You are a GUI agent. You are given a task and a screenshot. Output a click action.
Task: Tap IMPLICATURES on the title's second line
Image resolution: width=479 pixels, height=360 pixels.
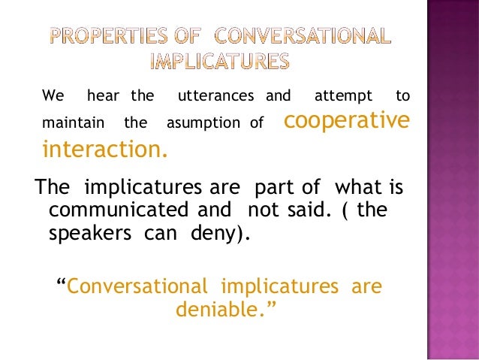219,60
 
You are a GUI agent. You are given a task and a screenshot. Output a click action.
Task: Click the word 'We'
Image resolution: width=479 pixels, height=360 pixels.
53,96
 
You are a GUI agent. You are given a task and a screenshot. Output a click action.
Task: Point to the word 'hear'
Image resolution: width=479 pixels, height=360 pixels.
103,96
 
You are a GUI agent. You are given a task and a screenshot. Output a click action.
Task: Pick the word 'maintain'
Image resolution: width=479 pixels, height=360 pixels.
65,122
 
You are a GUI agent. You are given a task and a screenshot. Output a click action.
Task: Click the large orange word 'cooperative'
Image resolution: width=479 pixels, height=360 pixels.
348,119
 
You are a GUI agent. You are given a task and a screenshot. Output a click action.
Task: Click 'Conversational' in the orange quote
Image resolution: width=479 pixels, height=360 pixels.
137,286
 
